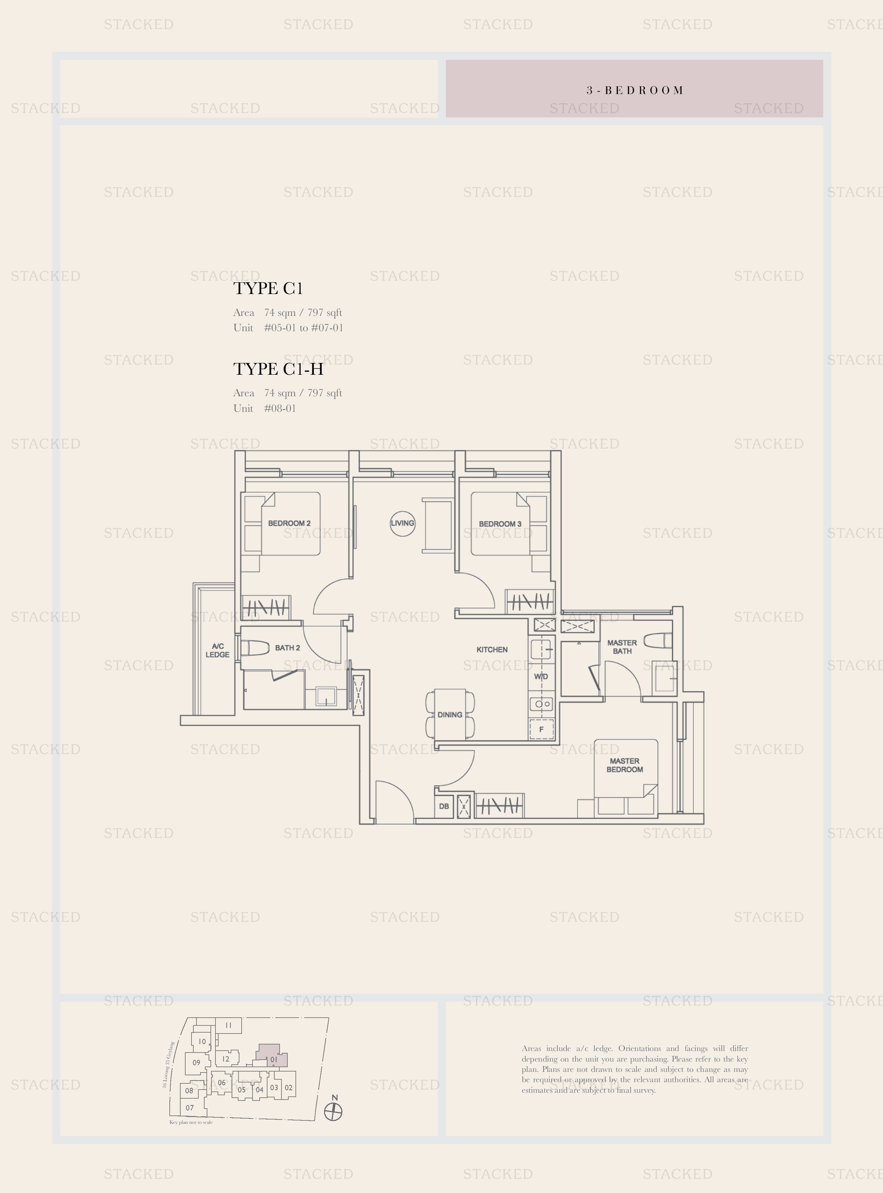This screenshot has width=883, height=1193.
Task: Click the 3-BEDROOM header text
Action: point(635,90)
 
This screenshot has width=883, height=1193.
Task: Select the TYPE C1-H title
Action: point(278,369)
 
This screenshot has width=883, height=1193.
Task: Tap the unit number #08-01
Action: point(280,409)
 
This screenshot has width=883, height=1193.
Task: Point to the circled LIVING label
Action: point(403,523)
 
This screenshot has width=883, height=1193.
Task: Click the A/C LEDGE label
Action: point(218,650)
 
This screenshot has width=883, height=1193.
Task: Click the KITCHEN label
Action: point(492,650)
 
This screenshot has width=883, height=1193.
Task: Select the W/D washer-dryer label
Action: point(541,677)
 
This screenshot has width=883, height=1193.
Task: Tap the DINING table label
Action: point(450,715)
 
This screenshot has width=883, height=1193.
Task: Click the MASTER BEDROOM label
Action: point(624,765)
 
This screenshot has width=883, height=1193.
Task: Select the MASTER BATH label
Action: point(622,647)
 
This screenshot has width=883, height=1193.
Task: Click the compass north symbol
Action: point(333,1113)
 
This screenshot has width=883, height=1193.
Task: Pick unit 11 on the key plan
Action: point(228,1025)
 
